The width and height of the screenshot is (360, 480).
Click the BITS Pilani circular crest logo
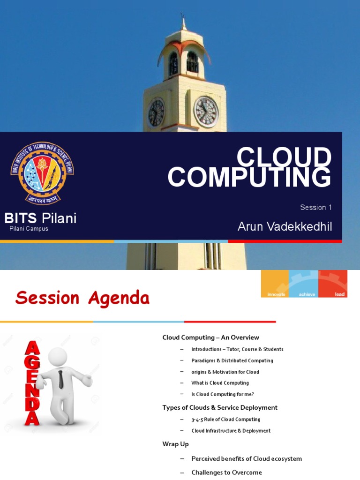click(x=42, y=173)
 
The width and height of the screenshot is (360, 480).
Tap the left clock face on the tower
click(x=156, y=112)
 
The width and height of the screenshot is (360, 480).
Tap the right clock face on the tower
click(x=206, y=112)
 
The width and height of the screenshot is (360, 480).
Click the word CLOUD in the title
click(x=284, y=158)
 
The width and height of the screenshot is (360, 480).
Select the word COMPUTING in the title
click(x=249, y=178)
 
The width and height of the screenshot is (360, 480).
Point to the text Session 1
click(x=316, y=207)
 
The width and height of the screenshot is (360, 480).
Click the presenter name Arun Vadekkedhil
click(x=285, y=227)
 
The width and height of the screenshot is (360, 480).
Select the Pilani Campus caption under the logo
click(x=29, y=229)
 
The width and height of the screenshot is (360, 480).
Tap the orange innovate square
click(x=275, y=284)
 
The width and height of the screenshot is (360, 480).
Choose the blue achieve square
click(x=303, y=284)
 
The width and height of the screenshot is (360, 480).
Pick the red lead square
click(x=333, y=284)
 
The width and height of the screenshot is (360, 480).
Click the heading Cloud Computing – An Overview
click(x=210, y=337)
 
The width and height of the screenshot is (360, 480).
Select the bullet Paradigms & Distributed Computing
click(x=232, y=360)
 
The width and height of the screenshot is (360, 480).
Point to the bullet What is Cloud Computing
click(x=220, y=383)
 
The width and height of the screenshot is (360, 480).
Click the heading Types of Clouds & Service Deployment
click(x=220, y=407)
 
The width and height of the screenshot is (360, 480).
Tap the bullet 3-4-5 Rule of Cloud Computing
click(x=225, y=420)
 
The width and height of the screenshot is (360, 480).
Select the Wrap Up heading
click(x=175, y=443)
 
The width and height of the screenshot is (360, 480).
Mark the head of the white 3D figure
click(x=58, y=357)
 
